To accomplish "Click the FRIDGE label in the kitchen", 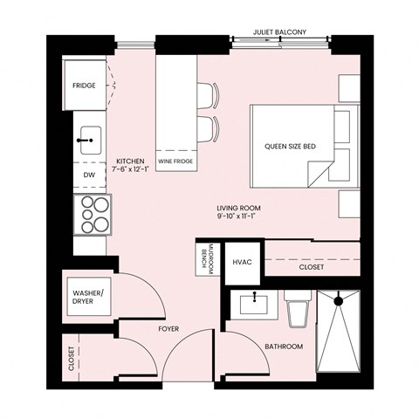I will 85,86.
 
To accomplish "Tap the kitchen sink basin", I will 88,139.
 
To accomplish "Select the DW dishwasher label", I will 88,175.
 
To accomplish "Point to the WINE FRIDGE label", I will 175,162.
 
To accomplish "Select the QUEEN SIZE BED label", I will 291,146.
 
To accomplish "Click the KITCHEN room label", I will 130,161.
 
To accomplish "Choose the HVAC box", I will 242,261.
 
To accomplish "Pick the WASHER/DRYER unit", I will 86,298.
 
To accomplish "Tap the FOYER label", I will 168,330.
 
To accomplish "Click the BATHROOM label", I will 284,347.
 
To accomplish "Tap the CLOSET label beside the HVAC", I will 312,267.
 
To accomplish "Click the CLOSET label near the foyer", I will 71,359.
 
